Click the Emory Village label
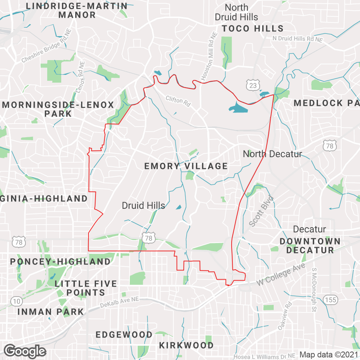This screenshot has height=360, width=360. (186, 166)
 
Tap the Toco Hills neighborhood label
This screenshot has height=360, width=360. (253, 28)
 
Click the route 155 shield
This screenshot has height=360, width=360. (330, 300)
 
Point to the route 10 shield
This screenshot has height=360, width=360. (16, 301)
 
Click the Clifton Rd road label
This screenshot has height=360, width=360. (178, 101)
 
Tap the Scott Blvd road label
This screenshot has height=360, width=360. (262, 211)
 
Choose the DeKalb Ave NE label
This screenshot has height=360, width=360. (119, 302)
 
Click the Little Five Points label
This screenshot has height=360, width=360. (86, 288)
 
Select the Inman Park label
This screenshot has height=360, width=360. (51, 312)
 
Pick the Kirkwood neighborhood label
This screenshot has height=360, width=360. (186, 346)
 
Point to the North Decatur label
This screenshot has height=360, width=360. (272, 154)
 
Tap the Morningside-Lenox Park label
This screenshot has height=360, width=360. (58, 109)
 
